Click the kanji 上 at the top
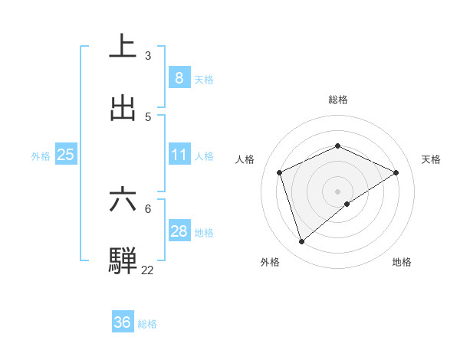tap(123, 45)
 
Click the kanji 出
tap(123, 108)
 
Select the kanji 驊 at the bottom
tap(123, 260)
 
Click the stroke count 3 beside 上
tap(148, 56)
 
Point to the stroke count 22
tap(147, 270)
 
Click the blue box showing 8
tap(179, 77)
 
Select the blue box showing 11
tap(179, 155)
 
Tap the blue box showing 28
tap(179, 231)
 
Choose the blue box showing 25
tap(65, 155)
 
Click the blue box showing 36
tap(122, 322)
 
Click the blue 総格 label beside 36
tap(147, 324)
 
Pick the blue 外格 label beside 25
tap(41, 156)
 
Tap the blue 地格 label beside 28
tap(204, 233)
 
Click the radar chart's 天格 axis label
tap(431, 159)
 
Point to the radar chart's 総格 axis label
tap(337, 100)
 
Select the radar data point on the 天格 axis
tap(396, 172)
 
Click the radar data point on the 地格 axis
tap(347, 204)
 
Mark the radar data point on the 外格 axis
tap(301, 242)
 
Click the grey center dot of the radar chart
tap(337, 191)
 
